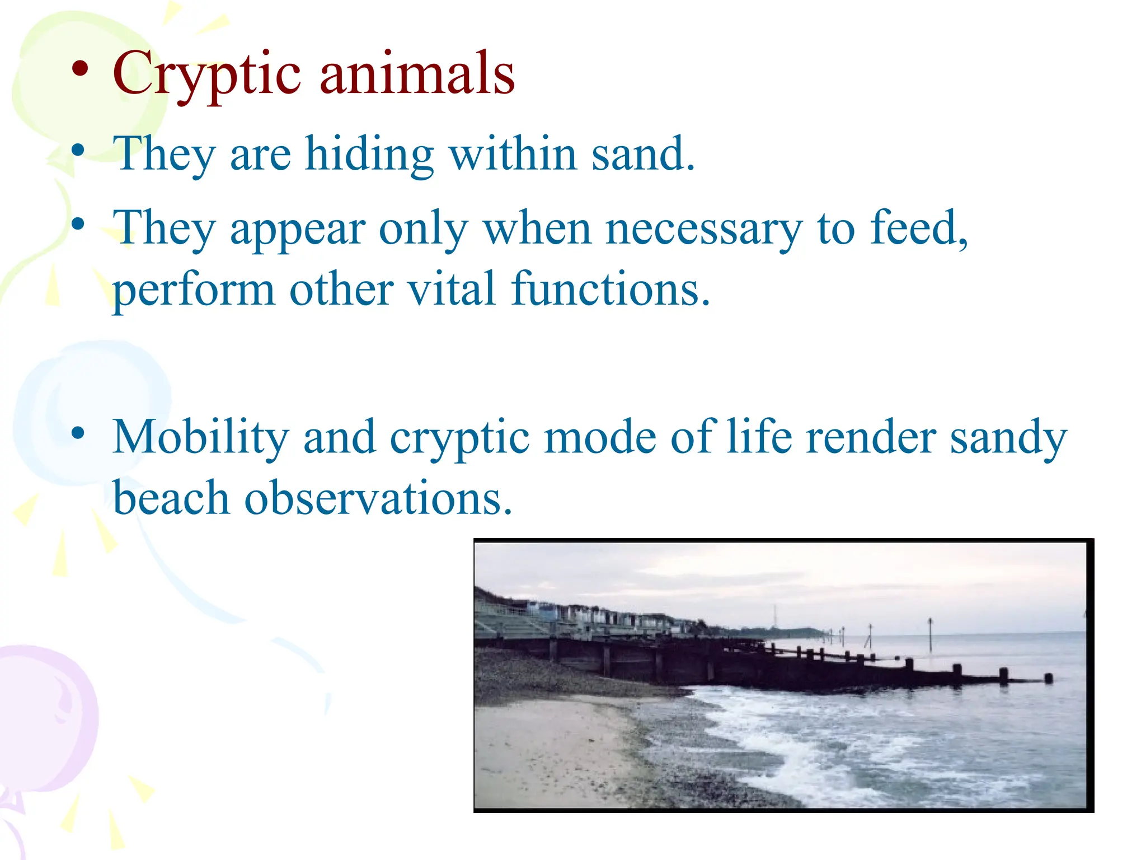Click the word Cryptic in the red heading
206,74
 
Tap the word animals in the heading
417,74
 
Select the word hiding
369,154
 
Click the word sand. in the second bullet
644,154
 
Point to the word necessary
704,229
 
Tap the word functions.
610,289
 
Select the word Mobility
200,438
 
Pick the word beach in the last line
171,498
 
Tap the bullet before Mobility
78,433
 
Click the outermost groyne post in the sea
1048,678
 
